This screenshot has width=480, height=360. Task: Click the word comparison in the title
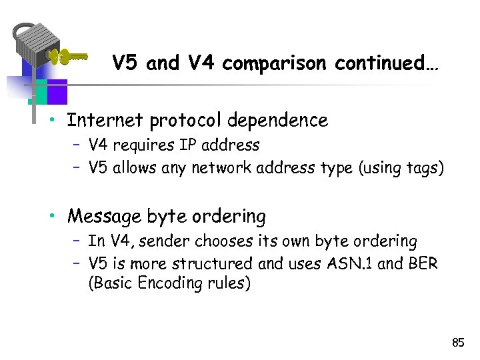275,63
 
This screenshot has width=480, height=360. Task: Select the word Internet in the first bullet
105,120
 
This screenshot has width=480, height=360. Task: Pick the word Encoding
159,283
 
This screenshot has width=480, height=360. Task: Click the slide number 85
457,343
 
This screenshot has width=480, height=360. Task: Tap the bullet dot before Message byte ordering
59,217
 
